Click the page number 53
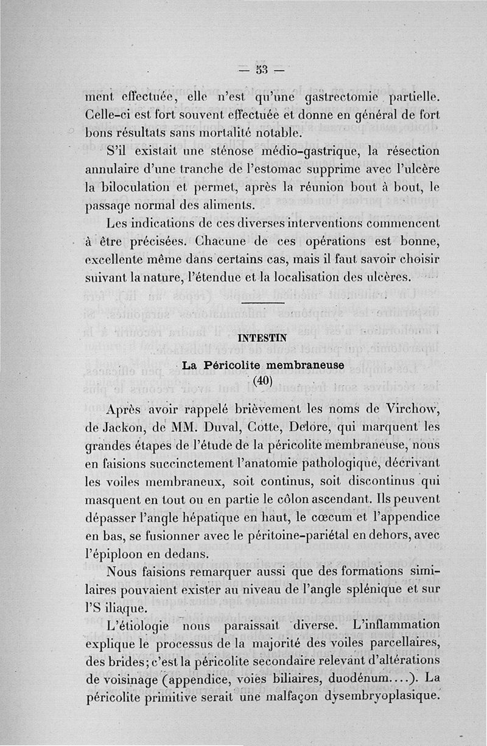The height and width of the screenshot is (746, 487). (262, 68)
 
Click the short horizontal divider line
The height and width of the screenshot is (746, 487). (263, 303)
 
